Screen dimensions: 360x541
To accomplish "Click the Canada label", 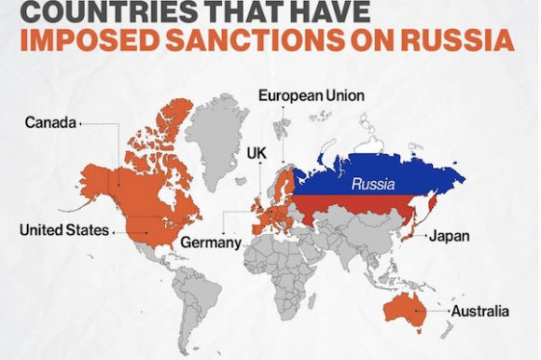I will (x=50, y=122).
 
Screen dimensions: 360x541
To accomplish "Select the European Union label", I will (x=312, y=95).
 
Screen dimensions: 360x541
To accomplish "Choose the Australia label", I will (x=480, y=310).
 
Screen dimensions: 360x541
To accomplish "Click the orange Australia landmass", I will (x=402, y=312).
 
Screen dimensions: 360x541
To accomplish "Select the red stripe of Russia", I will (x=354, y=210).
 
